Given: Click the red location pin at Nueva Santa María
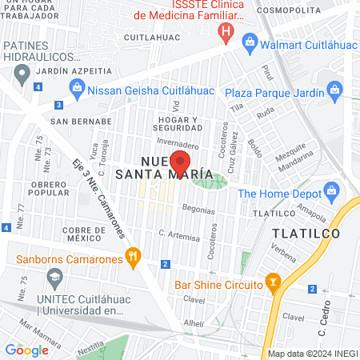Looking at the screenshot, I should pos(181,164).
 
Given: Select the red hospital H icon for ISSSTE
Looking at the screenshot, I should pos(227,34).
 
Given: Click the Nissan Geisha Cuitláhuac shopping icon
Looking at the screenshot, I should pos(78,90).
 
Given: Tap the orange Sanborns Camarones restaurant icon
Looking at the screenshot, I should pos(133,258).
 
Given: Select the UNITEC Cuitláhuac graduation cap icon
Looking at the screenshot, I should pos(54,281).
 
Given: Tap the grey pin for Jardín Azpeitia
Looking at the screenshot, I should pos(22,74).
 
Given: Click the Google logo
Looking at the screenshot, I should pos(27,350).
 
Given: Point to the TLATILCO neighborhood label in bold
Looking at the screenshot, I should pos(306,233).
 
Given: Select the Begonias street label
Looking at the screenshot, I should pos(198,210).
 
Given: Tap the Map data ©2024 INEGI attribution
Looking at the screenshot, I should pos(311,354).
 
